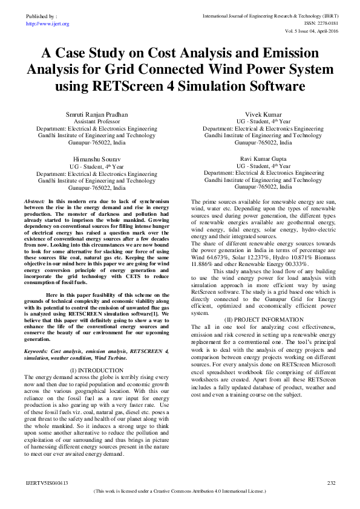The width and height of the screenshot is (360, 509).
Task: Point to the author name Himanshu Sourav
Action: pos(96,159)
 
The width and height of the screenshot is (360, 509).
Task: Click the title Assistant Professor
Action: pos(96,122)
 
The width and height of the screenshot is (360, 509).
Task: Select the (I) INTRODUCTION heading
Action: pos(97,369)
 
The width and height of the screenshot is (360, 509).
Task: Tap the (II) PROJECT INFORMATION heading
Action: pos(264,319)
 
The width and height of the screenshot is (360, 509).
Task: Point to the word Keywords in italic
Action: pos(36,351)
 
